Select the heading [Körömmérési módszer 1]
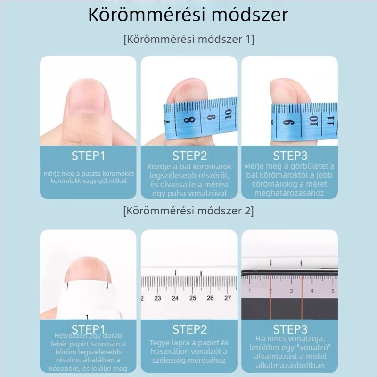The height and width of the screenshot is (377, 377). [x=188, y=39]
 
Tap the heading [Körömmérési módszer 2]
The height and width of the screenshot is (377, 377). [x=188, y=211]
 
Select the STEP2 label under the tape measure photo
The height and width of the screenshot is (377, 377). [x=188, y=156]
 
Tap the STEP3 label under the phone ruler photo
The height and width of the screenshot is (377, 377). [x=290, y=329]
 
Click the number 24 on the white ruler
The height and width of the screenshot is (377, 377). [x=175, y=298]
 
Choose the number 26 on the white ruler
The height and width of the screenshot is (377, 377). [x=210, y=298]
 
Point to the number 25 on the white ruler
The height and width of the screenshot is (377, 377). [x=193, y=298]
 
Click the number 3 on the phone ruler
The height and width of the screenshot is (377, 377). [x=292, y=291]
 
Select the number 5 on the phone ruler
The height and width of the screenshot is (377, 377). [x=333, y=291]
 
